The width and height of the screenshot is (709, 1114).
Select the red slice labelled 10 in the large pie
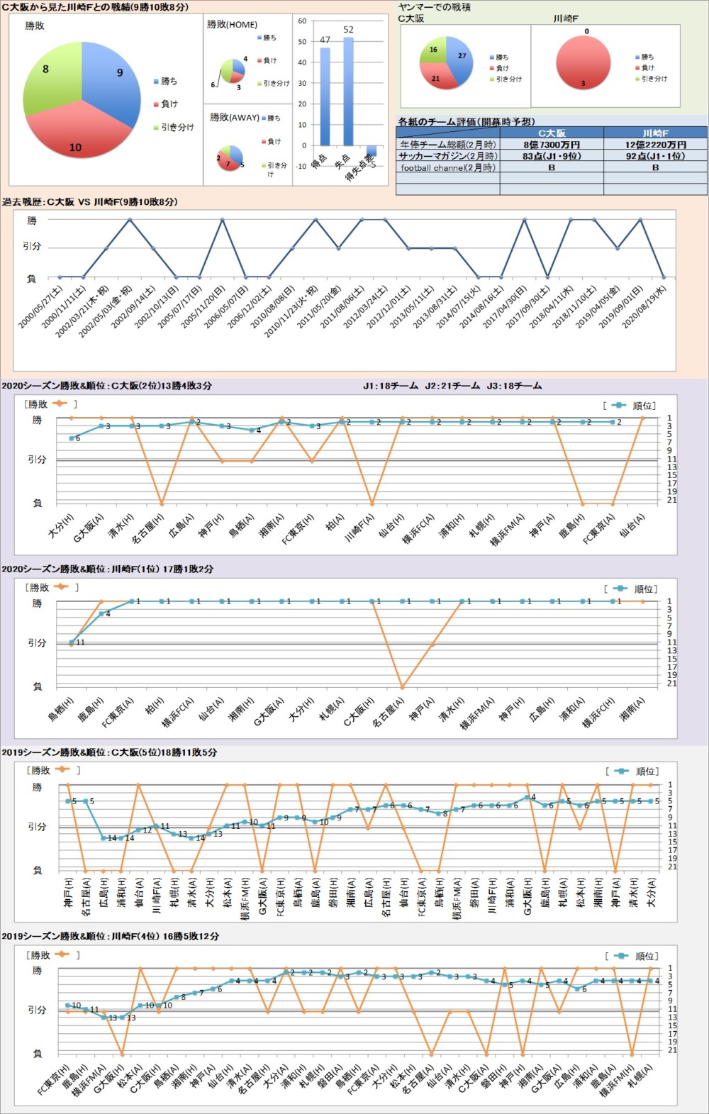click(x=78, y=138)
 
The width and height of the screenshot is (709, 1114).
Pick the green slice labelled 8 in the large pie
click(x=50, y=78)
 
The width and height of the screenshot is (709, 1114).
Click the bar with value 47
click(x=325, y=96)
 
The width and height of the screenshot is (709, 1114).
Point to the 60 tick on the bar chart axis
click(x=302, y=21)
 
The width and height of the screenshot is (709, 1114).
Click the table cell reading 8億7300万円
click(x=551, y=145)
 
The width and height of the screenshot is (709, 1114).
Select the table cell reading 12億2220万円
click(x=655, y=145)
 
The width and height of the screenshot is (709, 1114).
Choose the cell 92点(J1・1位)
click(x=655, y=156)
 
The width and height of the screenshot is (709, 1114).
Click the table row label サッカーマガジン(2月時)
click(x=447, y=156)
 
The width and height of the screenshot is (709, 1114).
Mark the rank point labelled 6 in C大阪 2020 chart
click(x=72, y=438)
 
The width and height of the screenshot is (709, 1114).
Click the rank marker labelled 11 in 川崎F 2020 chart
click(x=72, y=642)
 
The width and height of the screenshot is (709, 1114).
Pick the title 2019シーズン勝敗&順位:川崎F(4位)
click(x=110, y=936)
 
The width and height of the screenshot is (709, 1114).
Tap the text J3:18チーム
click(x=514, y=386)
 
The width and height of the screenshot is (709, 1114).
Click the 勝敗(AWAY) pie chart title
click(x=234, y=117)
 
